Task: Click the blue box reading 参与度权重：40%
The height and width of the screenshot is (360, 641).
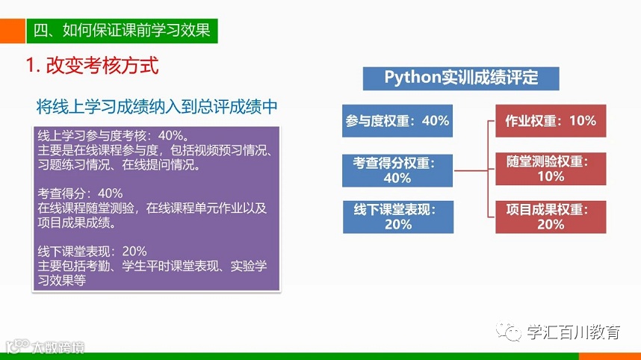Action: pyautogui.click(x=397, y=120)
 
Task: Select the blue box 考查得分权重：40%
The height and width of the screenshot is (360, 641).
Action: pyautogui.click(x=397, y=170)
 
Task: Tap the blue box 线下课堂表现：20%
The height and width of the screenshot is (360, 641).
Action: pyautogui.click(x=397, y=217)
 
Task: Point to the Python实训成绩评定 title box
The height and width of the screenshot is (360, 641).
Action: pyautogui.click(x=461, y=78)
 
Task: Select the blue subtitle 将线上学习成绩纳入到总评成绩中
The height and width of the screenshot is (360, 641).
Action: pyautogui.click(x=157, y=107)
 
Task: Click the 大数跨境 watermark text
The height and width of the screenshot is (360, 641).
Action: pyautogui.click(x=57, y=347)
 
